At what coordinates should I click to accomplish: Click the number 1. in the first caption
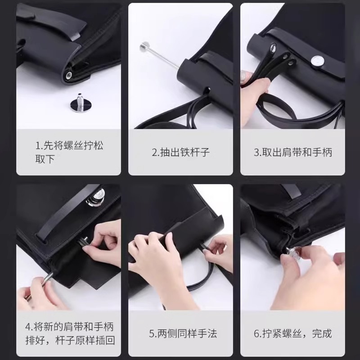(39, 145)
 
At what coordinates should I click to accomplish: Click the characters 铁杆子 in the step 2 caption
(195, 152)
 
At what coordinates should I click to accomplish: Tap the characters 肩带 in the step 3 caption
(292, 152)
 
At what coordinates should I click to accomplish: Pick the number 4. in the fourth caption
(29, 327)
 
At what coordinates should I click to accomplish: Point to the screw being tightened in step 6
(295, 251)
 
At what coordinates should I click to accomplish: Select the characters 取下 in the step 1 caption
(45, 159)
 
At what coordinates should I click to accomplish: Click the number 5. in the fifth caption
(153, 333)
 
